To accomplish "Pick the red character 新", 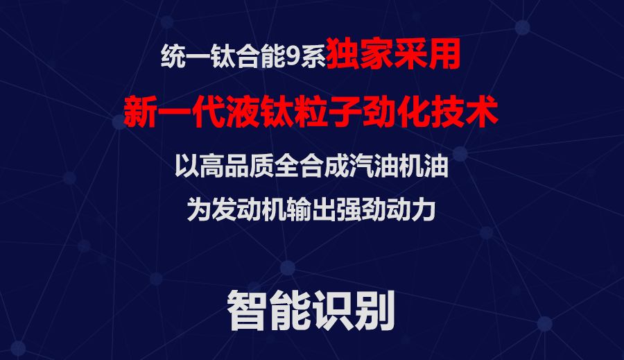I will tap(141, 111).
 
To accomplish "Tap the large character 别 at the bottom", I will tap(374, 310).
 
